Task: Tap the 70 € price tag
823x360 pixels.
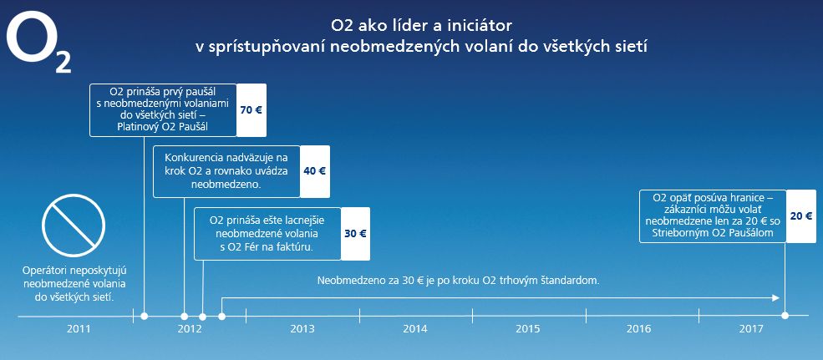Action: (251, 109)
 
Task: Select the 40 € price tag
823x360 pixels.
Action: (315, 171)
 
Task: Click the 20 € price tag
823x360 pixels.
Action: (801, 215)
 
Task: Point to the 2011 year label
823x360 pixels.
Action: (78, 328)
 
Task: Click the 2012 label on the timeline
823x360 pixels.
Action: (190, 328)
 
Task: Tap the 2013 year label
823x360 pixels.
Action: (302, 328)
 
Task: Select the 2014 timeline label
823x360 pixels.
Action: (415, 328)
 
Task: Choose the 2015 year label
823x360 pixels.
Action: (528, 328)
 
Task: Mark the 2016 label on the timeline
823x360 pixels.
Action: (638, 328)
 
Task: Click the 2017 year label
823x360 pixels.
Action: (751, 328)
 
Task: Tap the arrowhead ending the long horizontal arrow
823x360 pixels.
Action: (777, 298)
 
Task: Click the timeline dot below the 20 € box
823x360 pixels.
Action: (785, 316)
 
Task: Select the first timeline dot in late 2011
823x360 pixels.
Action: (145, 316)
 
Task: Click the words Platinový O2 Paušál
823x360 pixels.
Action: (163, 127)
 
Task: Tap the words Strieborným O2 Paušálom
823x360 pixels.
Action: (713, 236)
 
